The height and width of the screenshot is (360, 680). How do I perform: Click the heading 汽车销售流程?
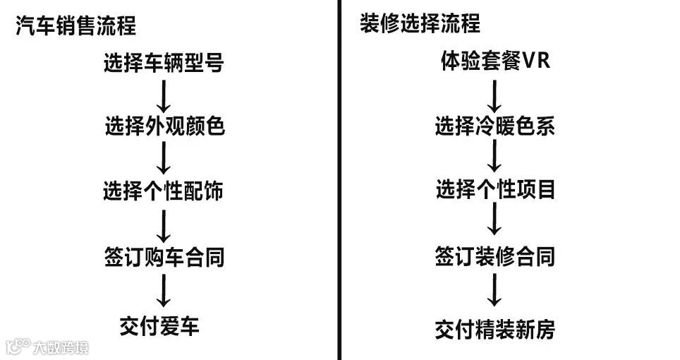click(75, 27)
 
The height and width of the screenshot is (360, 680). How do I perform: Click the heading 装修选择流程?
click(420, 24)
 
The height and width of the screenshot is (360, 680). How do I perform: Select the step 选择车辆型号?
click(164, 64)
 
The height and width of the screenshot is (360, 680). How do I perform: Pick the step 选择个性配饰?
click(164, 191)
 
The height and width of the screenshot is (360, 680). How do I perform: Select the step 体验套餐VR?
click(494, 62)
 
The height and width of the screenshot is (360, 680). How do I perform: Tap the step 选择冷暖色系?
click(494, 126)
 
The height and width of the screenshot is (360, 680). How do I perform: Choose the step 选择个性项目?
click(494, 190)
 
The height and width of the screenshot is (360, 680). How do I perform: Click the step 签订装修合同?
click(494, 256)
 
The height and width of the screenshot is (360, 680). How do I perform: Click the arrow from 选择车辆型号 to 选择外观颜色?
click(164, 95)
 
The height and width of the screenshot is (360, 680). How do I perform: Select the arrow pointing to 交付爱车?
click(164, 291)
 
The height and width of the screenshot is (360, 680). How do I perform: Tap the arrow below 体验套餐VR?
click(494, 94)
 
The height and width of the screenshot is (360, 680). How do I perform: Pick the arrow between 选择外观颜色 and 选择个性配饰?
click(164, 159)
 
